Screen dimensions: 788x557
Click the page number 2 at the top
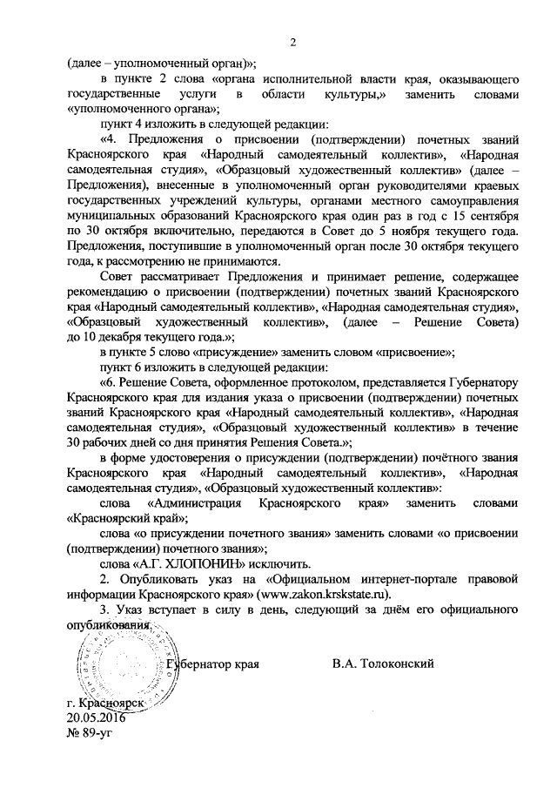click(292, 42)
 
